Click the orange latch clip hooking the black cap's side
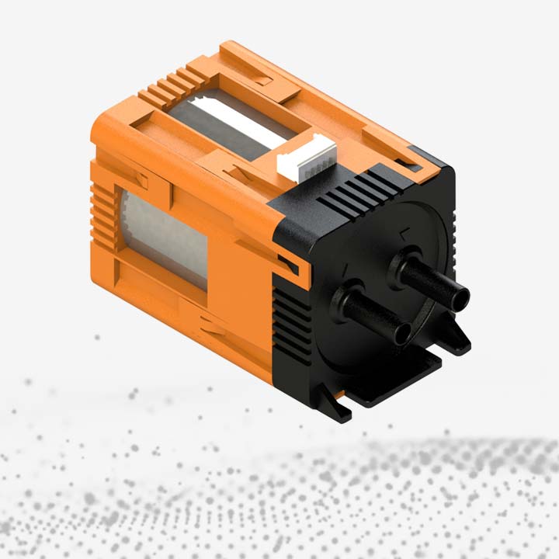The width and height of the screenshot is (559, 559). pos(289,265)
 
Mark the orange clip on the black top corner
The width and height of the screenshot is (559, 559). pos(409,162)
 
